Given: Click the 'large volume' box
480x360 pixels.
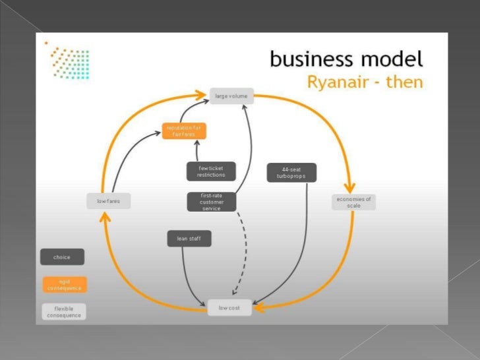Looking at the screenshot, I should (231, 96).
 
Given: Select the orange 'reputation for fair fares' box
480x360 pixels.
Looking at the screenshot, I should (185, 131).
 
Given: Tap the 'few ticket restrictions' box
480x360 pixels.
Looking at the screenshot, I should (211, 171).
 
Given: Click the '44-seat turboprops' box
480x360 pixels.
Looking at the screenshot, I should (291, 173).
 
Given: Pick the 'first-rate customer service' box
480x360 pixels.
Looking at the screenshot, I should (211, 202).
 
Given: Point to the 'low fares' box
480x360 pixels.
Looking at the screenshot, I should (109, 201).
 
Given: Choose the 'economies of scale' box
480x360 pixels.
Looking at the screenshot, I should (354, 202).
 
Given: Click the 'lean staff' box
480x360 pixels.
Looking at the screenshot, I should (189, 239).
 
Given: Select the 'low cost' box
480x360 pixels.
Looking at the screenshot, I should (229, 308).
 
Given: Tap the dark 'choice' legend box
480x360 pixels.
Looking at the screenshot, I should (63, 256).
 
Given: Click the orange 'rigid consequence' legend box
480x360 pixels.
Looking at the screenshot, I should (65, 284).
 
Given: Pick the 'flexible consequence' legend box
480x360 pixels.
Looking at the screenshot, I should (65, 311).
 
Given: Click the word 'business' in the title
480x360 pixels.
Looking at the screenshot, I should (310, 60).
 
